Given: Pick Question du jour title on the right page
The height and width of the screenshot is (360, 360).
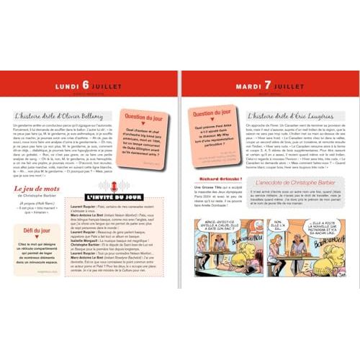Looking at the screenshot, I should click(212, 113).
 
